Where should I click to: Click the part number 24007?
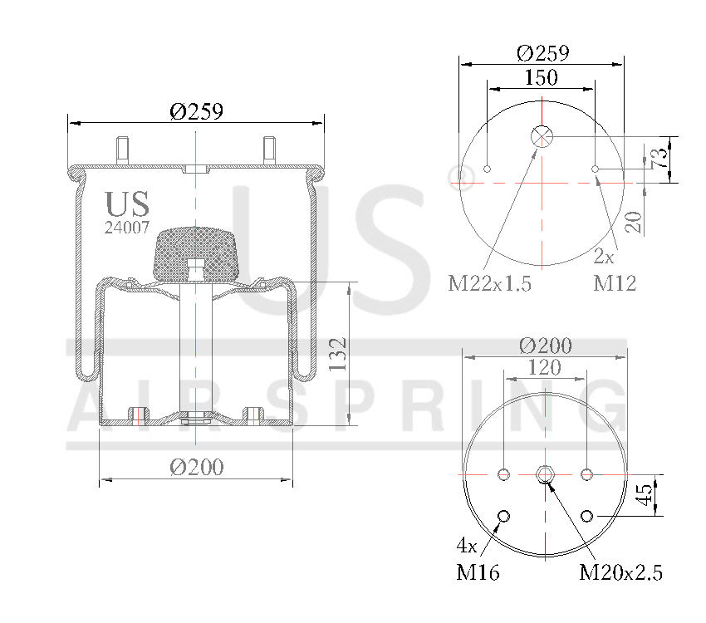(x=127, y=227)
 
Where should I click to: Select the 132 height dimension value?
(x=337, y=354)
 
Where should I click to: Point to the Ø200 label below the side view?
(x=197, y=468)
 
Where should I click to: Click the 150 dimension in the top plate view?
(x=541, y=78)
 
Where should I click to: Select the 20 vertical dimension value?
(x=634, y=222)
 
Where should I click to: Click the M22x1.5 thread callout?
(x=489, y=284)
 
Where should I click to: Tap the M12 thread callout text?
(x=615, y=284)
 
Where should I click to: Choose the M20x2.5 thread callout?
(x=620, y=572)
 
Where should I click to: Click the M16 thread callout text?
(x=478, y=572)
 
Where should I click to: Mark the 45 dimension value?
(x=644, y=496)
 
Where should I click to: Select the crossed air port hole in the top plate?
(x=542, y=136)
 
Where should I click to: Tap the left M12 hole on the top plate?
(x=488, y=169)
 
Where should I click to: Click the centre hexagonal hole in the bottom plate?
(x=545, y=474)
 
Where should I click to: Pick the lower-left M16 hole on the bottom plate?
(x=503, y=518)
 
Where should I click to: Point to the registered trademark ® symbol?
(x=465, y=174)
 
